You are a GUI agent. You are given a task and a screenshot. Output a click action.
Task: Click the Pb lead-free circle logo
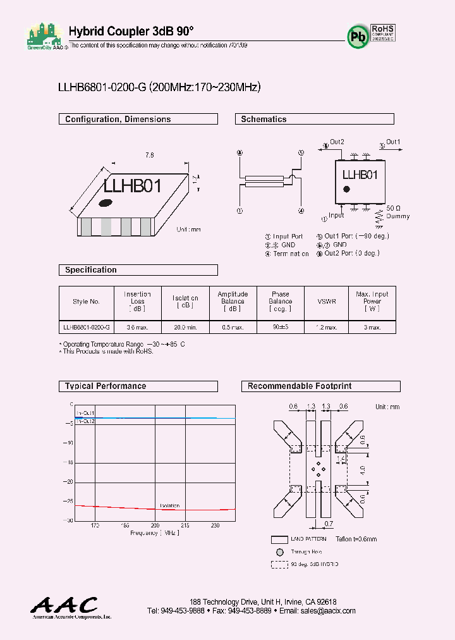(x=358, y=37)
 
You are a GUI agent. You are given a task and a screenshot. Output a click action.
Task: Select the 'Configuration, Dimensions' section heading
(x=118, y=119)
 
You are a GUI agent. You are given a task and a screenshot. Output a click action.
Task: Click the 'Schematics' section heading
(x=264, y=119)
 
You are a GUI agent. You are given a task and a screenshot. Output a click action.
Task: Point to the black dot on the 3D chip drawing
(x=106, y=203)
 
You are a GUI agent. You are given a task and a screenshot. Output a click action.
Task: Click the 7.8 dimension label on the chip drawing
(x=150, y=155)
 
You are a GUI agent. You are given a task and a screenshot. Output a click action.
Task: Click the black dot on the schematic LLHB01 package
(x=346, y=188)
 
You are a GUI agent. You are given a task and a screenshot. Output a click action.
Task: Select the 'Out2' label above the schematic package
(x=337, y=142)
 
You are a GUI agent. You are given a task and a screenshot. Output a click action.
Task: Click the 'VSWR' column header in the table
(x=327, y=302)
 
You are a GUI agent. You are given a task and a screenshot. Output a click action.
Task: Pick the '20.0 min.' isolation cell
(x=185, y=328)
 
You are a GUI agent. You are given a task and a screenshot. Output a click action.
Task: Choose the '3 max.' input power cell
(x=372, y=328)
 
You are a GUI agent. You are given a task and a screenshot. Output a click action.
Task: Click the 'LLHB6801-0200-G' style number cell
(x=87, y=328)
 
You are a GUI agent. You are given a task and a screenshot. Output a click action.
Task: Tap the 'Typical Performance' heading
(x=106, y=386)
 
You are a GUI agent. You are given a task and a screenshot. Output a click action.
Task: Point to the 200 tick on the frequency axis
(x=155, y=526)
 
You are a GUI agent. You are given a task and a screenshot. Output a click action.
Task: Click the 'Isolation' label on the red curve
(x=169, y=505)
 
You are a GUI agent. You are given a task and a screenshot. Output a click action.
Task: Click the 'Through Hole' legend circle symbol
(x=280, y=552)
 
